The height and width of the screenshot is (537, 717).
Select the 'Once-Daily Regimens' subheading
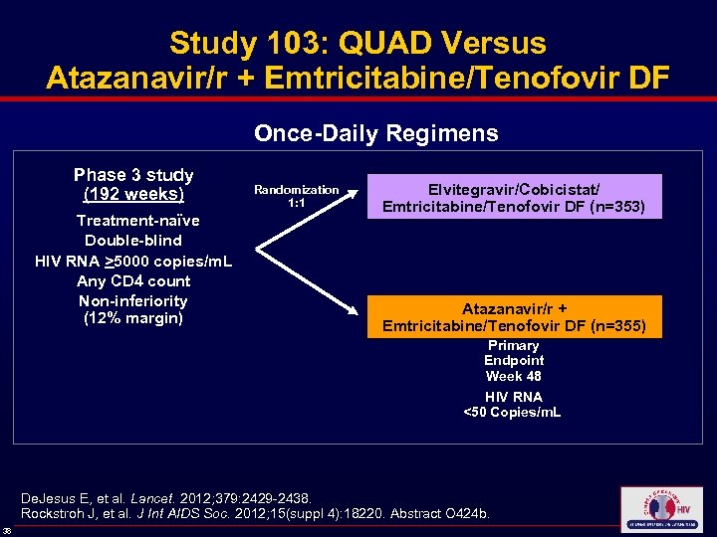[x=376, y=133]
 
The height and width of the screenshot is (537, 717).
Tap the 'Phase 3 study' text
[x=133, y=175]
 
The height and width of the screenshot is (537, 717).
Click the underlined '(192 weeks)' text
[x=133, y=194]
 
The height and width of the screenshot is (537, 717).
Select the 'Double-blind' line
[x=133, y=241]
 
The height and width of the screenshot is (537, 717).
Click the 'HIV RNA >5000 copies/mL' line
[x=133, y=261]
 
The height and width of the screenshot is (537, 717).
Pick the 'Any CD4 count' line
[x=133, y=280]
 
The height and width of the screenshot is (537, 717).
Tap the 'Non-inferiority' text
[x=133, y=300]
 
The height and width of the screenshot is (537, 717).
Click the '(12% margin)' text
[x=133, y=319]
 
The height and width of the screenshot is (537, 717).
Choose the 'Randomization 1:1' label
[x=296, y=196]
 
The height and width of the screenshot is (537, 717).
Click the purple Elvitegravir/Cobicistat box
[x=514, y=197]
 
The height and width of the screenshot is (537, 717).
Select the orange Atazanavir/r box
[x=514, y=317]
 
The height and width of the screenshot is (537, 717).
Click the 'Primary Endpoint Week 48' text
[x=514, y=361]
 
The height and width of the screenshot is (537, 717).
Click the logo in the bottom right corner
[x=660, y=510]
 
